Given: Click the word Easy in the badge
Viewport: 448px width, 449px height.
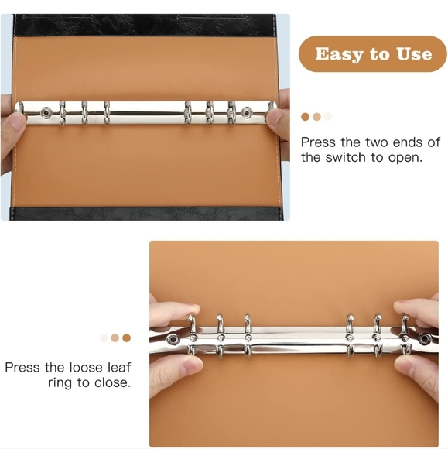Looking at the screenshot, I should [337, 54].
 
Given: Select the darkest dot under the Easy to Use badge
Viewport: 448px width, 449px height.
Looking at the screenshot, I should [306, 117].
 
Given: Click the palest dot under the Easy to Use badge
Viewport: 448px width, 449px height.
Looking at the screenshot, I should [328, 117].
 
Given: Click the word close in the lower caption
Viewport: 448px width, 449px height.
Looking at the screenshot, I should [113, 382].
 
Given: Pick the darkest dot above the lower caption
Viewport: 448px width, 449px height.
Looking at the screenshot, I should [127, 338].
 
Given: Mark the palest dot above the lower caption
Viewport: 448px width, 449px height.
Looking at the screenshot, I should [104, 338].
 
